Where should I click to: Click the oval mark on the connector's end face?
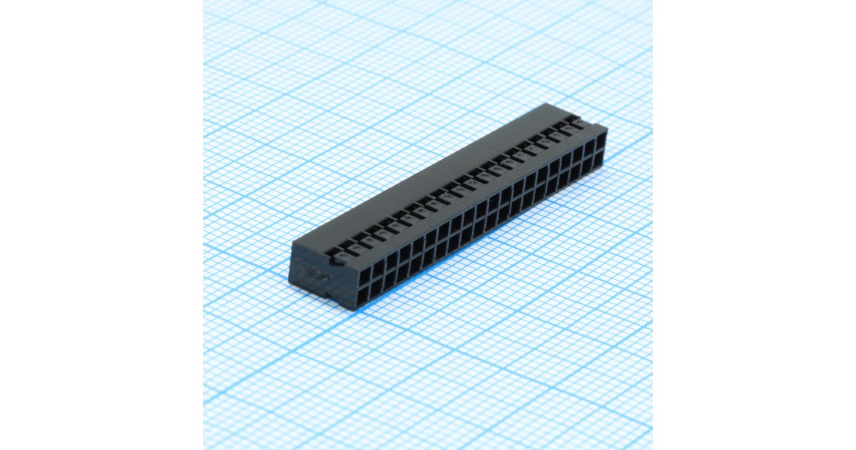click(315, 274)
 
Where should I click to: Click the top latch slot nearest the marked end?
click(333, 251)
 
